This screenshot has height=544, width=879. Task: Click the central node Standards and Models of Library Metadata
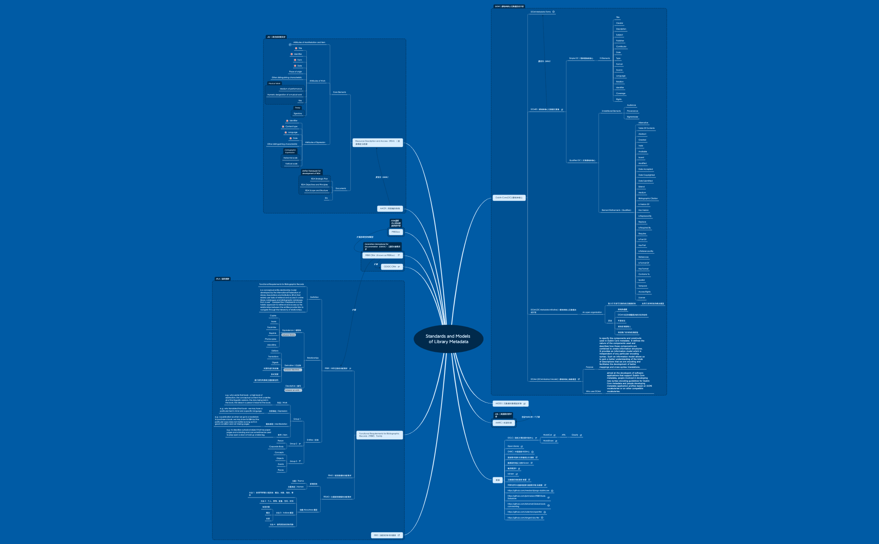pos(448,339)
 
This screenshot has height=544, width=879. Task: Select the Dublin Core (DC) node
pos(509,198)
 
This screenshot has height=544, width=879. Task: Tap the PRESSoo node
pos(396,232)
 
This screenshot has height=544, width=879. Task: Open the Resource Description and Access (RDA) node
pos(377,143)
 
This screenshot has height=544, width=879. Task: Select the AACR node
pos(390,208)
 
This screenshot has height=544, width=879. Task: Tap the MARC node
pos(504,423)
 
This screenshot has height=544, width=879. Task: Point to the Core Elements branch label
pos(339,92)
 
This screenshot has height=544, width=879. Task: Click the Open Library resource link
pos(513,446)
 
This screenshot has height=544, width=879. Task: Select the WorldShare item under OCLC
pos(548,441)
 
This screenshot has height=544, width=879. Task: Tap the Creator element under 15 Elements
pos(619,23)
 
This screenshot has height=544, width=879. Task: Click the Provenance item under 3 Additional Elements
pos(632,111)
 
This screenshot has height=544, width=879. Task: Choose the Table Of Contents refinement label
pos(646,128)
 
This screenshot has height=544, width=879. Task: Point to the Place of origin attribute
pos(295,72)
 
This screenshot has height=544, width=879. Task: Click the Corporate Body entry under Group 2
pos(276,446)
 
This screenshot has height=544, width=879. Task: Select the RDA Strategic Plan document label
pos(319,179)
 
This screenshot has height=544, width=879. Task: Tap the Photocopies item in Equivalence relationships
pos(270,339)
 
